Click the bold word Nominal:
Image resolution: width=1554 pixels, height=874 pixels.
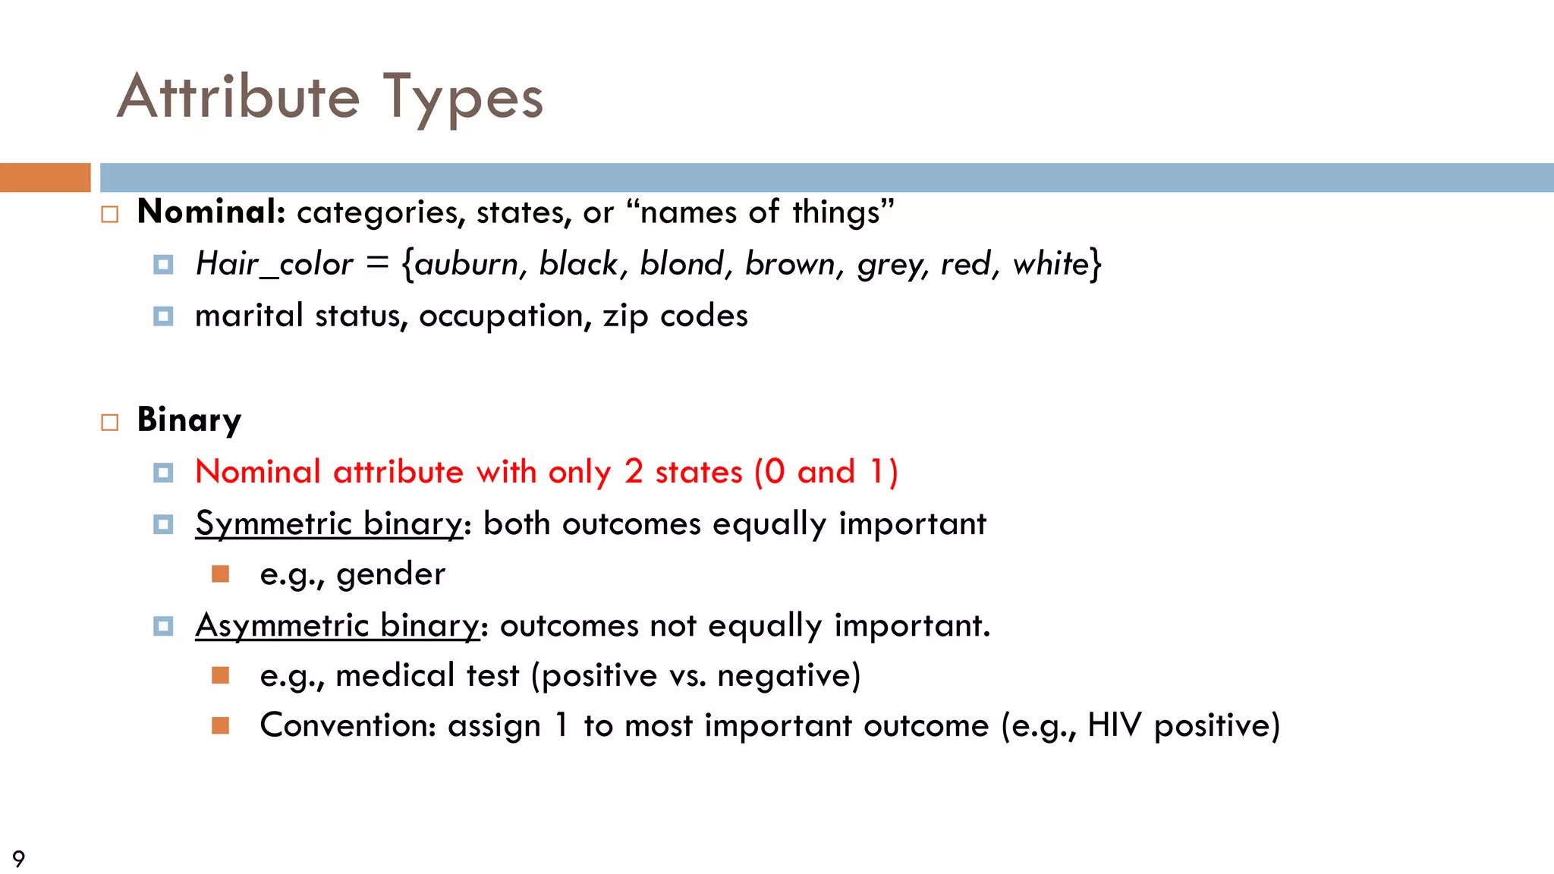tap(211, 212)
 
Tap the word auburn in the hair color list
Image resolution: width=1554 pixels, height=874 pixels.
tap(465, 264)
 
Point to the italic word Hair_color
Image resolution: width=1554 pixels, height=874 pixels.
tap(274, 264)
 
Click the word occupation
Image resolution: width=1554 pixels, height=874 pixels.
tap(504, 316)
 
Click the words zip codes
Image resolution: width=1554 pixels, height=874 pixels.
tap(675, 316)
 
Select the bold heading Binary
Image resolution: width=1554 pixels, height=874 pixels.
tap(189, 420)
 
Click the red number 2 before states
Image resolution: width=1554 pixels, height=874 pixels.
tap(634, 472)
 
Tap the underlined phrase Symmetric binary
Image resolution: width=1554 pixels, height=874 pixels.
tap(329, 523)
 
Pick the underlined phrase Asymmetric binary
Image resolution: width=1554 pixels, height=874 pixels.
tap(337, 626)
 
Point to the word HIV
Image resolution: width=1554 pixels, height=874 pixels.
tap(1114, 725)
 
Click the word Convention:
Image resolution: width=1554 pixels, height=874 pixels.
tap(348, 725)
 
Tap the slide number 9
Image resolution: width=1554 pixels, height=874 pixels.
tap(19, 859)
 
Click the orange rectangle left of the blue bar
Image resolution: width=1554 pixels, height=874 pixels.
tap(45, 178)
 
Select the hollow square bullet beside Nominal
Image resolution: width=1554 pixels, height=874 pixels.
tap(110, 215)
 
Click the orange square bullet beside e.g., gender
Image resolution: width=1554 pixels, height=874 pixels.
tap(221, 574)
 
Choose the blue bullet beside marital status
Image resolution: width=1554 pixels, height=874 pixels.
tap(163, 316)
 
